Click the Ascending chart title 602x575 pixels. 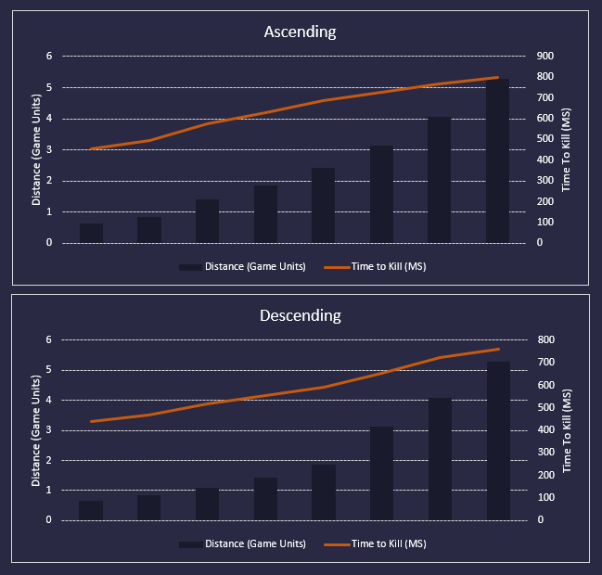[x=300, y=32]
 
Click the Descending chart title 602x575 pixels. [x=300, y=315]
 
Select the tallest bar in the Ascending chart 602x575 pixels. [x=498, y=161]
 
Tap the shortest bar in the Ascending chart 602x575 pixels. [x=92, y=233]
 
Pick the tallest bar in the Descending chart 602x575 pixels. [x=498, y=441]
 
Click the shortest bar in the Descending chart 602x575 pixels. [x=92, y=510]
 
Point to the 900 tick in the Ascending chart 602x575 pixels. [x=545, y=56]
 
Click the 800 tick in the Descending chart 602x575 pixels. [x=545, y=339]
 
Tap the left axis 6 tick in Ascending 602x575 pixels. [x=49, y=56]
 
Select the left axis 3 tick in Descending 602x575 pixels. [x=49, y=430]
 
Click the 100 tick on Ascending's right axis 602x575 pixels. [x=545, y=223]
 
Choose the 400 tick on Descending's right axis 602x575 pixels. [x=545, y=430]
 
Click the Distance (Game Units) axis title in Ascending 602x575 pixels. [x=36, y=150]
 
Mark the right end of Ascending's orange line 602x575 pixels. [x=498, y=77]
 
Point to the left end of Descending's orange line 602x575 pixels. [x=92, y=421]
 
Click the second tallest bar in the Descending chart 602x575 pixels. [x=440, y=459]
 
